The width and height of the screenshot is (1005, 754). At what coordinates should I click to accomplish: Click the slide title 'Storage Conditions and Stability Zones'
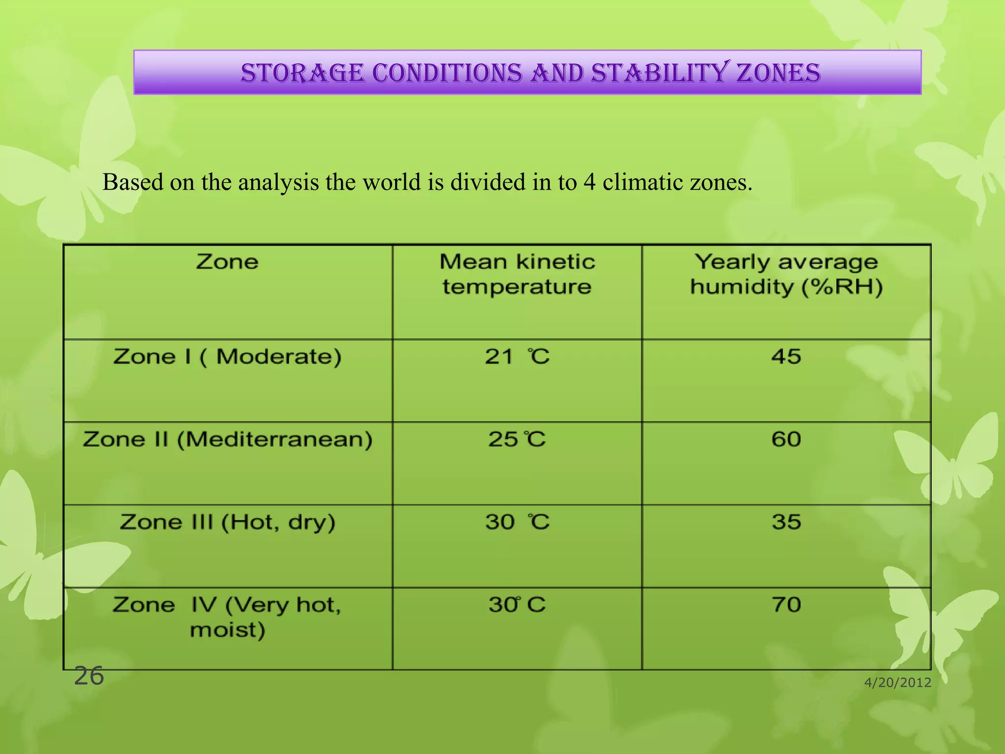[530, 73]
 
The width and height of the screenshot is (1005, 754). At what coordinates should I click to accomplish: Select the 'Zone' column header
[227, 262]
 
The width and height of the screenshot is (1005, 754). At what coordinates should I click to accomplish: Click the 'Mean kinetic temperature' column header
[517, 274]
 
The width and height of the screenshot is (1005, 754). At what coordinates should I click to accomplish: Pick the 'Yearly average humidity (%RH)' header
[786, 274]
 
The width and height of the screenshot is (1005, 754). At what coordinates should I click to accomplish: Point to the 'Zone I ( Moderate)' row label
[227, 357]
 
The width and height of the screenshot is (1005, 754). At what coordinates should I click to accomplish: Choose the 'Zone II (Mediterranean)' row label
[227, 439]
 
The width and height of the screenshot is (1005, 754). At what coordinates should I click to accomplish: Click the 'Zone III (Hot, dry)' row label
[227, 522]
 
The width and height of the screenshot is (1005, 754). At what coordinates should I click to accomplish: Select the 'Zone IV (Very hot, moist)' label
[227, 617]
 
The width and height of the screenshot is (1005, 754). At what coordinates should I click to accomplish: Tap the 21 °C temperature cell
[517, 357]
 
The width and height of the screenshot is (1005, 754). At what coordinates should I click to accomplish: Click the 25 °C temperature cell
[517, 439]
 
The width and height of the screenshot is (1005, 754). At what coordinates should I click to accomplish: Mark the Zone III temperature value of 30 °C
[517, 522]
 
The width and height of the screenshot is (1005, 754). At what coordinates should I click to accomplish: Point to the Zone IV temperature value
[517, 605]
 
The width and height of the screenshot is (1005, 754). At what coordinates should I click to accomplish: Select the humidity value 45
[786, 357]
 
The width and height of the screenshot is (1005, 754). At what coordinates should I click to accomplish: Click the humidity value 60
[786, 439]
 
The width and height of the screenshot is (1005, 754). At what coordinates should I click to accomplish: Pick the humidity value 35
[786, 522]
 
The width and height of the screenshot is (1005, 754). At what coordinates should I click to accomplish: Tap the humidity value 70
[786, 605]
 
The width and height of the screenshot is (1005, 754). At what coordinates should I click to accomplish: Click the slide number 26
[89, 676]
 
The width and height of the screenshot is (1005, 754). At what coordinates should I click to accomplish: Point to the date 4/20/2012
[898, 683]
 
